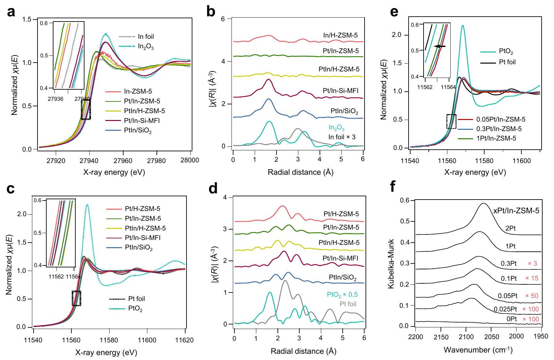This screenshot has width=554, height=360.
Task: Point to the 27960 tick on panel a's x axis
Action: [123, 160]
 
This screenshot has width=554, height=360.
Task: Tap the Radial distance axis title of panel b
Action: [300, 172]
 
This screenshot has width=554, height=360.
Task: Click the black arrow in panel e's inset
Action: [440, 47]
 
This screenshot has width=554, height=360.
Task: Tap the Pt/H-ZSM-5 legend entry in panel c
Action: [142, 209]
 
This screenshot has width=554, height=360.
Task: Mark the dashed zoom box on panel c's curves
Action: [76, 298]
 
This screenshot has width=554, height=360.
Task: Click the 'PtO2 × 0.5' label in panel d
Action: [342, 294]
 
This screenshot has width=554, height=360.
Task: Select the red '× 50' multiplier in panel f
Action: [532, 296]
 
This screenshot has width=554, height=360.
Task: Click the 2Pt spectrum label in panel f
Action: [510, 228]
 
